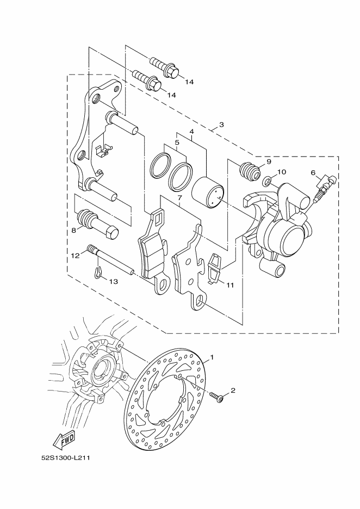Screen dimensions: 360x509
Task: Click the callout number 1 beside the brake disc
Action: click(212, 357)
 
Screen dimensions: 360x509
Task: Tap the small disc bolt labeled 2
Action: click(216, 397)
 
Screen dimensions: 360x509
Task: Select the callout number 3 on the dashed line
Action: click(221, 125)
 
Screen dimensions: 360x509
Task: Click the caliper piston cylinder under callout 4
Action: click(207, 193)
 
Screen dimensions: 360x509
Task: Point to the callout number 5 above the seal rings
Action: click(177, 142)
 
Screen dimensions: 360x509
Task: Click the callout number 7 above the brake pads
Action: click(179, 197)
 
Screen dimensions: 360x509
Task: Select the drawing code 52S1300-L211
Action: click(65, 458)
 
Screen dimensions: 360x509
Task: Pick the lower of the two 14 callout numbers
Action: click(171, 95)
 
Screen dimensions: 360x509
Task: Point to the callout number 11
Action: click(230, 285)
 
